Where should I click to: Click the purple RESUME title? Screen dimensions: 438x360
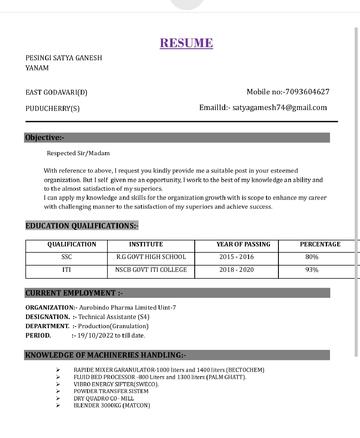186,43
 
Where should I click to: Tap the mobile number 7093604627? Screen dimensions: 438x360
307,92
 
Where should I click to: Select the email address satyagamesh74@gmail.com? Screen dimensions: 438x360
280,107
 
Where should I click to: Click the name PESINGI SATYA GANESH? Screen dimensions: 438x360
64,58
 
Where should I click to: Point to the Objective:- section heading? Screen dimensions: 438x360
45,138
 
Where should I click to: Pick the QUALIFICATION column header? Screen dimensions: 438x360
72,244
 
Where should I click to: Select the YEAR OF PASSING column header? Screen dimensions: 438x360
243,244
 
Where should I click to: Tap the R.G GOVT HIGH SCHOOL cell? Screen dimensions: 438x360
151,257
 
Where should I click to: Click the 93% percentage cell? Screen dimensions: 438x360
312,270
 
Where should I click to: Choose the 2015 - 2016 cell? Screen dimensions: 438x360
237,257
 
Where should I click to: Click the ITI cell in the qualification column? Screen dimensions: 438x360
67,270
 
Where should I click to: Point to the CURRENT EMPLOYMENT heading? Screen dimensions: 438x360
74,293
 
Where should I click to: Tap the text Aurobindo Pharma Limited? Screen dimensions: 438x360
118,308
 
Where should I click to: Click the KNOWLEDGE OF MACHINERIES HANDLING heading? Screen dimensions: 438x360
105,355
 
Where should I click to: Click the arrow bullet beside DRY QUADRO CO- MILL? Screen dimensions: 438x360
58,398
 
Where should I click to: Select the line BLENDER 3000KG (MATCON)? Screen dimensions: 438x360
112,405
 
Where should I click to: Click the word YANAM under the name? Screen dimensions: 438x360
37,68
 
